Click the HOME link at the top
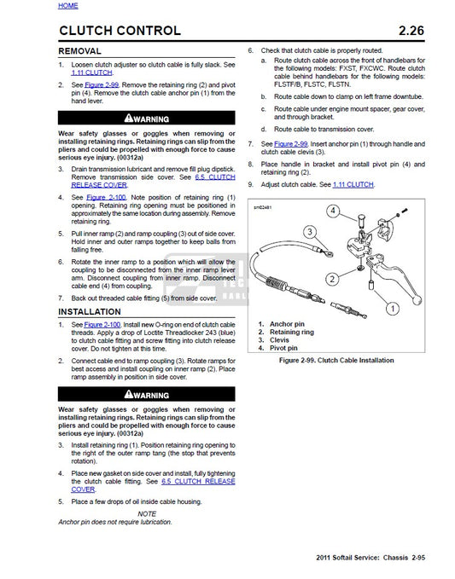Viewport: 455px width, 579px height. point(67,6)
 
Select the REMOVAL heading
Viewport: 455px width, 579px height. point(84,52)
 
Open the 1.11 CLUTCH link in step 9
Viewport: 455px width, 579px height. point(349,184)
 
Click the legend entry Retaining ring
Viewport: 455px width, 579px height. point(286,332)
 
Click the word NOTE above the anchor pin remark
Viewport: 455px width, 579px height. point(146,513)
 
